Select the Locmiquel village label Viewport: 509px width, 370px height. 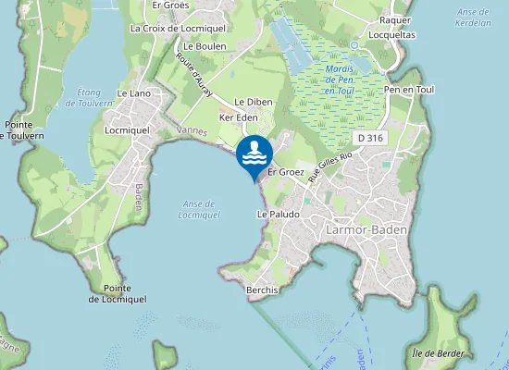coord(128,131)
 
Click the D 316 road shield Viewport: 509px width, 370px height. coord(370,137)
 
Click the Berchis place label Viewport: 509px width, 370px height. coord(263,290)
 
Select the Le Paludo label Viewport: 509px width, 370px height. coord(275,214)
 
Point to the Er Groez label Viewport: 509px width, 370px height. coord(285,172)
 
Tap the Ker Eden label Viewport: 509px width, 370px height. coord(238,118)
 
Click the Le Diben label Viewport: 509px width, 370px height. coord(251,102)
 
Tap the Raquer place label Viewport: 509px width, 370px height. coord(395,19)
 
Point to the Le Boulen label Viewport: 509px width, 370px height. coord(205,45)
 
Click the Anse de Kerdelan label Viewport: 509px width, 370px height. coord(473,17)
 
